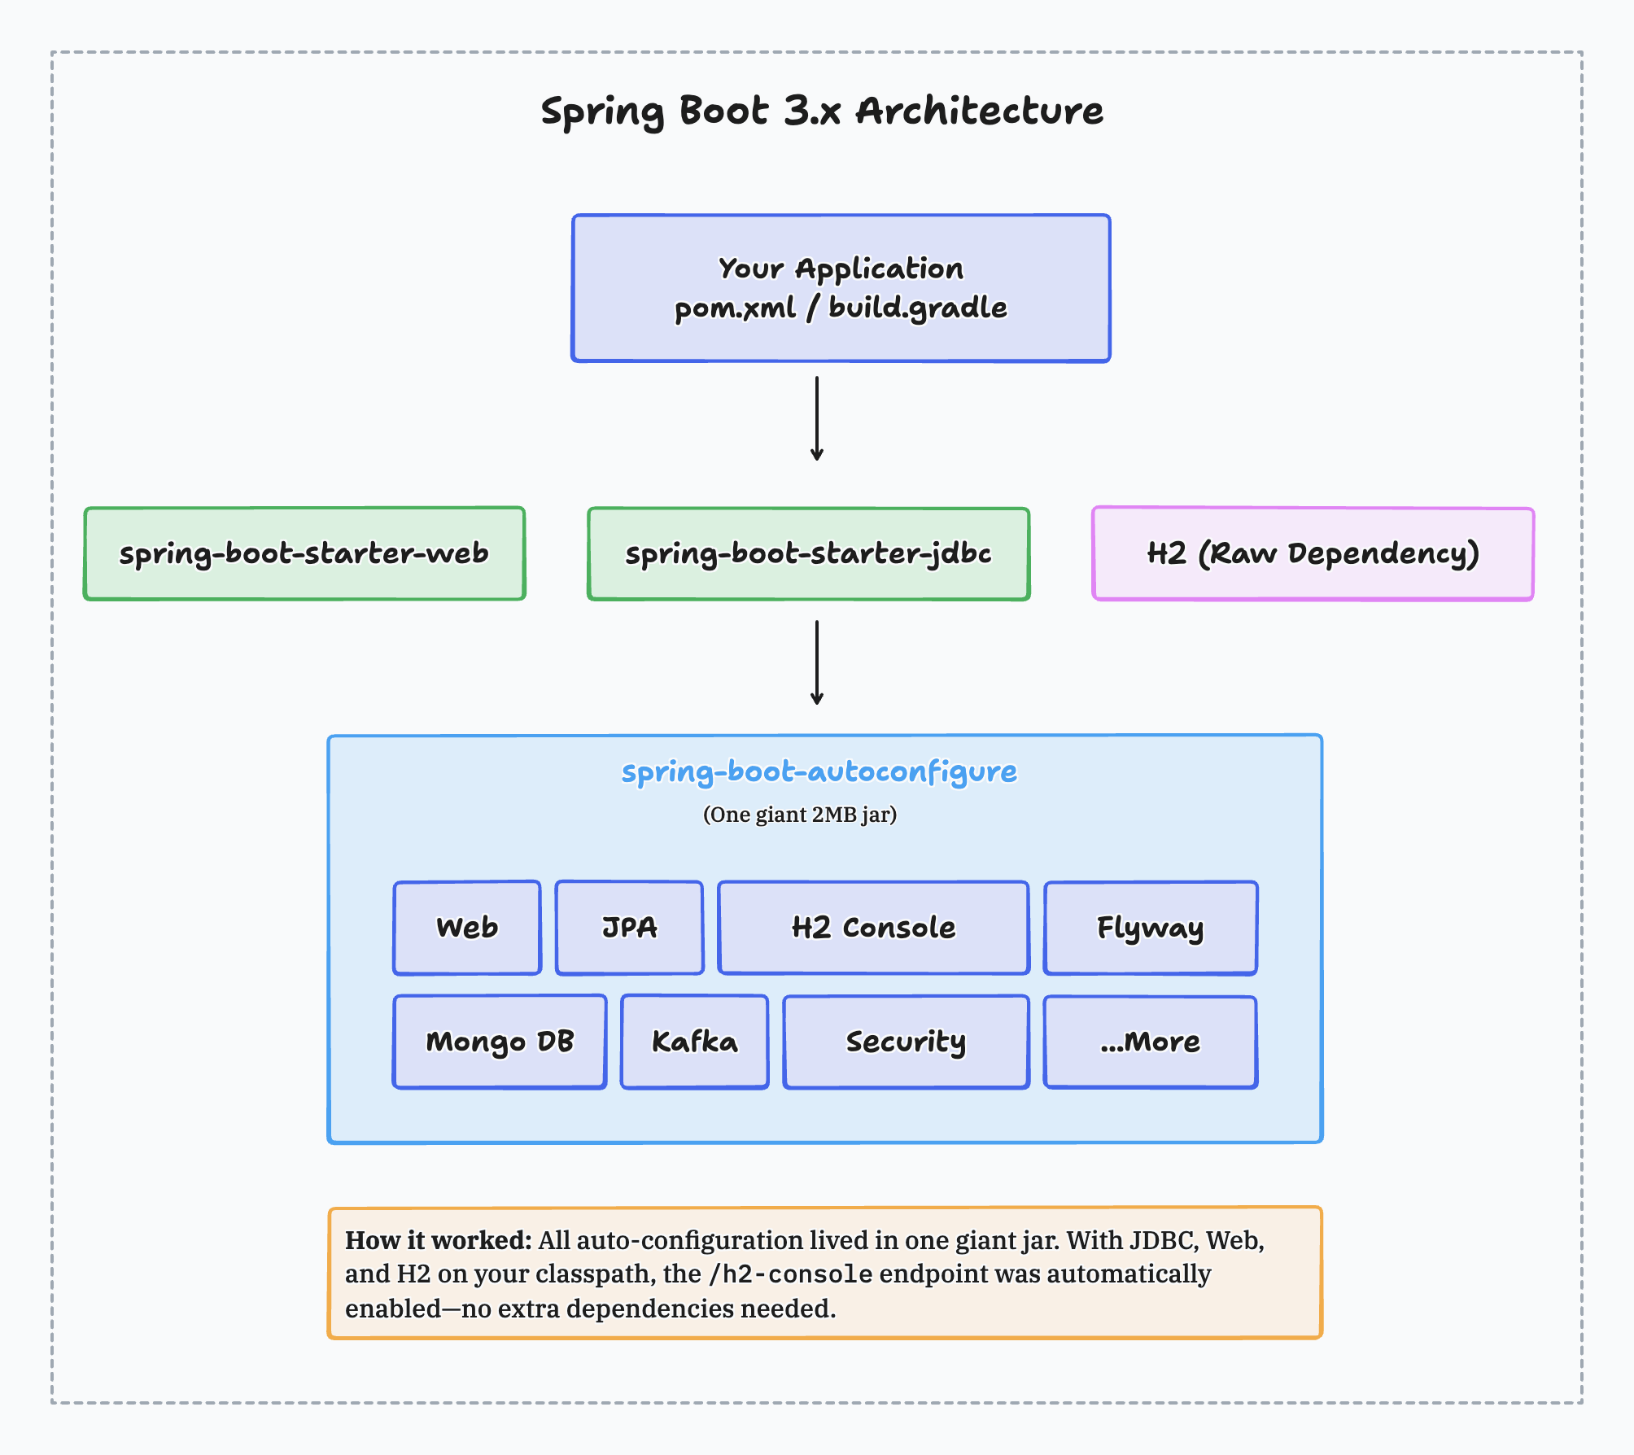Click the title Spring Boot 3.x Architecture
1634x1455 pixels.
[822, 111]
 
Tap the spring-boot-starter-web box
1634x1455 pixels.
[304, 553]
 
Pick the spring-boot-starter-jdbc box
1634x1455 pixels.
[808, 553]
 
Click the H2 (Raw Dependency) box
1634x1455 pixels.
[1313, 553]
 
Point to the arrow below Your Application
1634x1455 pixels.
[817, 418]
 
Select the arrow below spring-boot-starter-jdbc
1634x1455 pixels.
[817, 662]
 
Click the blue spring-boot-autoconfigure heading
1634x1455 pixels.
[819, 771]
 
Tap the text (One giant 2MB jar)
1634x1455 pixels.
[799, 815]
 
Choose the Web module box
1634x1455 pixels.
[467, 928]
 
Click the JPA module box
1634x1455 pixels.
[629, 928]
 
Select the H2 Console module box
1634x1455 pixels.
[873, 928]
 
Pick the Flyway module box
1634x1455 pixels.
[1150, 928]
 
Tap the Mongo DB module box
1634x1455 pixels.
[500, 1042]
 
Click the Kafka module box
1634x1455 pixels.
[694, 1042]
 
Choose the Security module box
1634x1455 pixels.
[906, 1042]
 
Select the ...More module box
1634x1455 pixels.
[1150, 1042]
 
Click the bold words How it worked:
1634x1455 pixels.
[438, 1240]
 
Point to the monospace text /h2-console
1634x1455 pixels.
[790, 1274]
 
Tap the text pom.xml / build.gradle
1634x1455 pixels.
[841, 308]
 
